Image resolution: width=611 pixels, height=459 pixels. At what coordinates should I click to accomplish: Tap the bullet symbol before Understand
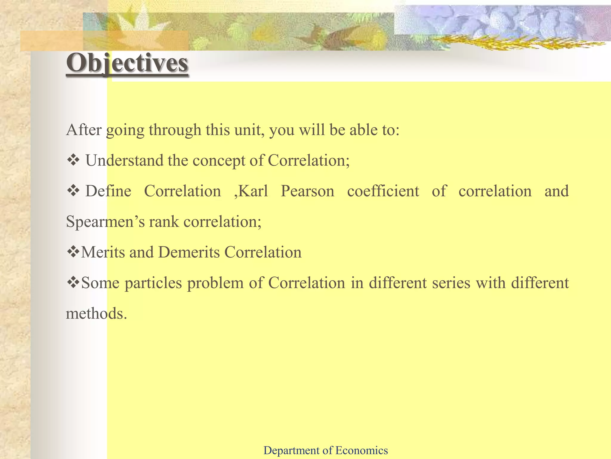point(73,160)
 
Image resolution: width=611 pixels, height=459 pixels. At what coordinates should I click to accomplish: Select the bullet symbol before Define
point(73,191)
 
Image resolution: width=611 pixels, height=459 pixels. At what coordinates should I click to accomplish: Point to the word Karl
point(253,191)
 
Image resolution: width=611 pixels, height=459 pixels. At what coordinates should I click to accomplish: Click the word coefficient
point(383,191)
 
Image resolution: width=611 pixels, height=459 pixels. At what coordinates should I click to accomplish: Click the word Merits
point(103,252)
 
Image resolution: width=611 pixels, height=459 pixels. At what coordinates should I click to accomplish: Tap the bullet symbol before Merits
point(73,252)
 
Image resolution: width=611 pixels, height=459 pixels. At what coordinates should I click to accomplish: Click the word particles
point(153,283)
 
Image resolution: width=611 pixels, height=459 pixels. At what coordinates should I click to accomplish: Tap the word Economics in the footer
point(361,450)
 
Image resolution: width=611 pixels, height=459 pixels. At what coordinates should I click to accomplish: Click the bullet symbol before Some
point(73,283)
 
